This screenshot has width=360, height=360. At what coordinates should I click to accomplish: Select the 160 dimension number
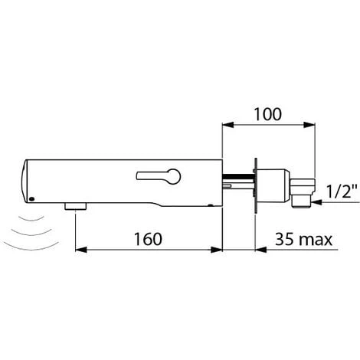pos(146,240)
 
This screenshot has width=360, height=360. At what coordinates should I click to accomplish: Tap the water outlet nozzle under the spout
pos(75,205)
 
